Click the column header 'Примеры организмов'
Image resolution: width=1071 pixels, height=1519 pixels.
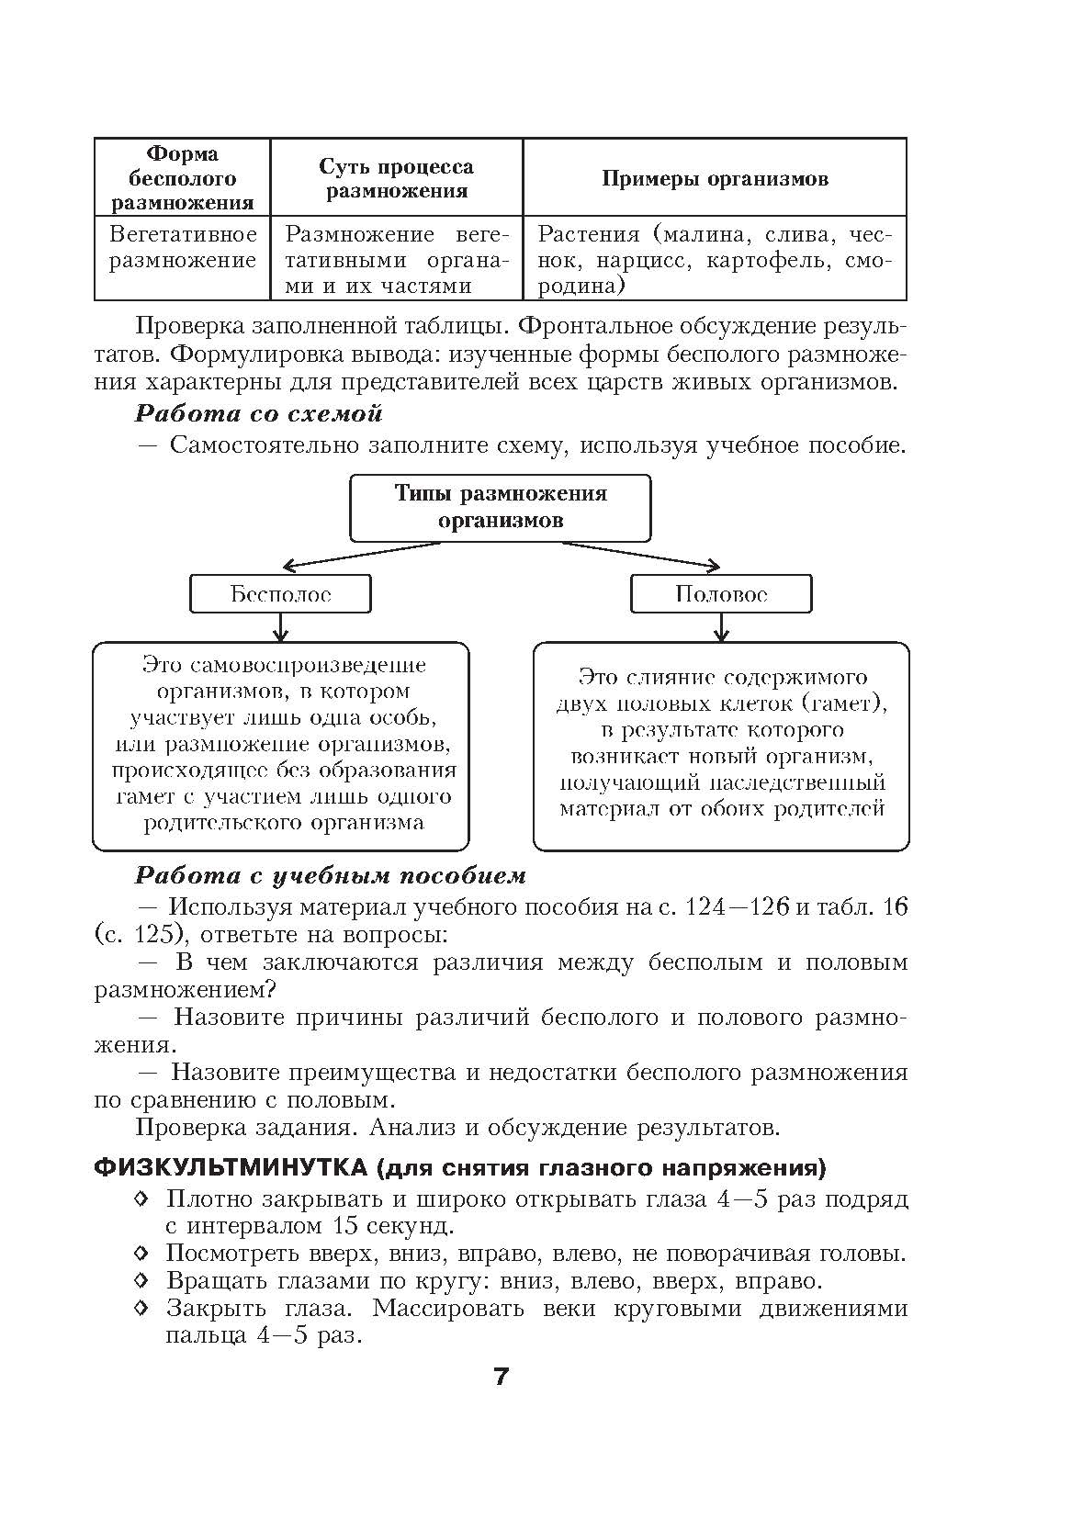715,178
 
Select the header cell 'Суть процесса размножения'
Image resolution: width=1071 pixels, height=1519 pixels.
396,178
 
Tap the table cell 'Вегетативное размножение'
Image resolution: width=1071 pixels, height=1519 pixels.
183,247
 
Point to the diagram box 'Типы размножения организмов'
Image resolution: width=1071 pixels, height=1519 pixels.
501,507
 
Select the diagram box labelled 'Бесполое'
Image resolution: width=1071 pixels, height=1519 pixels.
280,594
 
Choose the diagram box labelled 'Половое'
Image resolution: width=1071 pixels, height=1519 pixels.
721,594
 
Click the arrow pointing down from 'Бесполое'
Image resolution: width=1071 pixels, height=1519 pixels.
281,627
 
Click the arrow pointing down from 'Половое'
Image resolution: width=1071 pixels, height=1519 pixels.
721,627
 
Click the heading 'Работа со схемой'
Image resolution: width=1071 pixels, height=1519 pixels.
258,413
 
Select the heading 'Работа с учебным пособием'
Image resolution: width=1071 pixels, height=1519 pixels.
330,875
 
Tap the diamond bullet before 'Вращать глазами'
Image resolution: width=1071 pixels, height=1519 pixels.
141,1280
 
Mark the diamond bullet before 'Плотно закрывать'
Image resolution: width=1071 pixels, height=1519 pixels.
141,1198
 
